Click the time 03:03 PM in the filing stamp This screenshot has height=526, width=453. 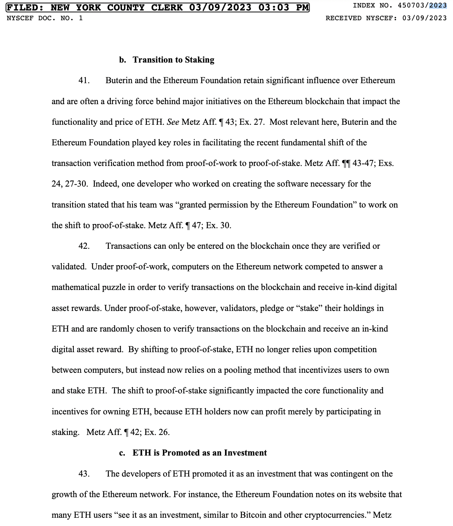pos(283,7)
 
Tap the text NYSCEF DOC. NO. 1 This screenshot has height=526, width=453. pos(45,18)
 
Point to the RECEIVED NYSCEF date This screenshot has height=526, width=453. pos(424,18)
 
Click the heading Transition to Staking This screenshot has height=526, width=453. pos(173,60)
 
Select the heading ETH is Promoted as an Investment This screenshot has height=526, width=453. pos(200,453)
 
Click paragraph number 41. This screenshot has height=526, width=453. pos(84,81)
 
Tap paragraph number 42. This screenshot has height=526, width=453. pos(84,246)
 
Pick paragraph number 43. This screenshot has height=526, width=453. pos(84,474)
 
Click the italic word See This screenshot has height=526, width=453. pos(173,122)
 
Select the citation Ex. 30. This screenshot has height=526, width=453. pos(219,226)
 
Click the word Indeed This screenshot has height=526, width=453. pos(105,184)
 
